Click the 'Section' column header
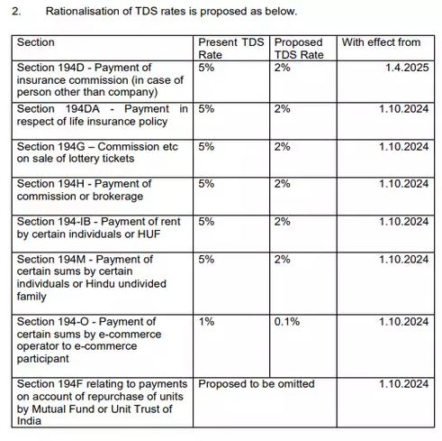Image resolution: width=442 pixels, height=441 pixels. pos(36,42)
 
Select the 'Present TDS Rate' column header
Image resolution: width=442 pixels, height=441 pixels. pos(230,48)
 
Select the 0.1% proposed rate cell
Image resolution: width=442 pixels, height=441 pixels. pos(288,322)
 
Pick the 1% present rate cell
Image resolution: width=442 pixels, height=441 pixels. pos(206,322)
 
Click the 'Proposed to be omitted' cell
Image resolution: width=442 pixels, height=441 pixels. pos(257,385)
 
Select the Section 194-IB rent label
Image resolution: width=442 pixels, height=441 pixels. pos(99,227)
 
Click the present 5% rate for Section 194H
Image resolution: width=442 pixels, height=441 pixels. pos(206,184)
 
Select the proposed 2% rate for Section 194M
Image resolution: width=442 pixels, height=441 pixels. pos(283,260)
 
